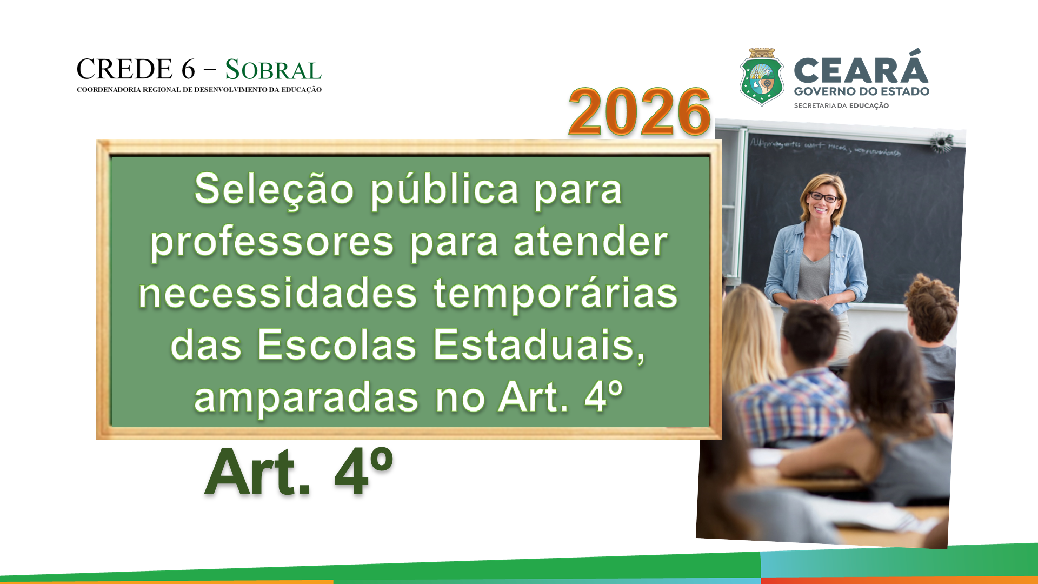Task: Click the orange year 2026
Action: coord(639,111)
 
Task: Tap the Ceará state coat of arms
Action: coord(762,77)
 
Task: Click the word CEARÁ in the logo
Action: coord(861,69)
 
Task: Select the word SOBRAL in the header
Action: coord(273,70)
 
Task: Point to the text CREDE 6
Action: coord(136,69)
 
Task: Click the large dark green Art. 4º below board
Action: coord(298,472)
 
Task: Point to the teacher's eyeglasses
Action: coord(823,197)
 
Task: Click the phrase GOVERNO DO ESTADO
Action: coord(861,91)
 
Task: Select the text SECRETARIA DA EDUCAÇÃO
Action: coord(841,105)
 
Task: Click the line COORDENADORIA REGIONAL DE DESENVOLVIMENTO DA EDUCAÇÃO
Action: coord(199,90)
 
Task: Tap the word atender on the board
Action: coord(590,242)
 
